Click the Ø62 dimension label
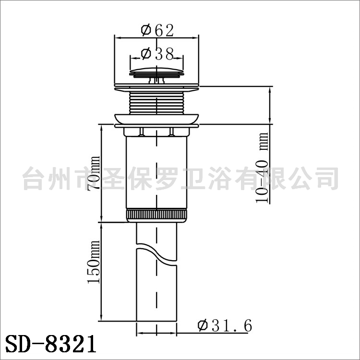(x=157, y=30)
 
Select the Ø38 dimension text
(x=157, y=54)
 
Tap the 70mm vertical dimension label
(x=94, y=173)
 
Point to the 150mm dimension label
(x=94, y=262)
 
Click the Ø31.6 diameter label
(x=225, y=325)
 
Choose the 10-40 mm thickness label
(x=262, y=168)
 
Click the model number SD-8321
(x=50, y=344)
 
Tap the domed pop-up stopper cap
(x=157, y=72)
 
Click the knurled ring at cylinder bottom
(x=156, y=215)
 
